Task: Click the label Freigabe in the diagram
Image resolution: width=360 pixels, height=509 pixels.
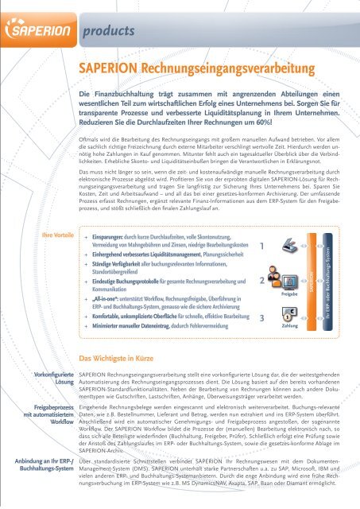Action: [x=288, y=293]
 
